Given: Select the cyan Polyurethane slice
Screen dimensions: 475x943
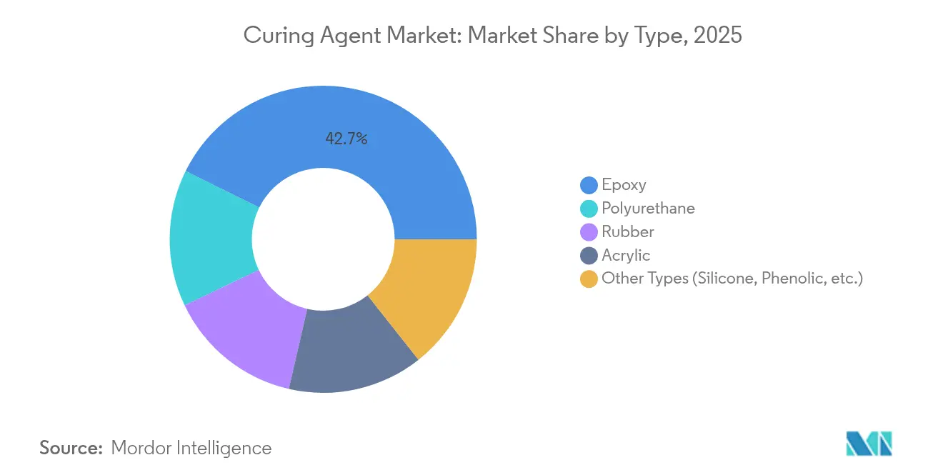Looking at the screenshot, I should coord(211,239).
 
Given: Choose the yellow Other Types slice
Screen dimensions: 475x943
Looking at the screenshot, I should coord(429,293).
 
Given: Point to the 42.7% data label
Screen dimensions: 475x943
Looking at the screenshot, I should coord(346,139).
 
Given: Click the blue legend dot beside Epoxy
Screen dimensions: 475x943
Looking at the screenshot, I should coord(589,186).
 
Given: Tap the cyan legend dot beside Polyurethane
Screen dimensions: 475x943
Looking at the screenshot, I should coord(589,209).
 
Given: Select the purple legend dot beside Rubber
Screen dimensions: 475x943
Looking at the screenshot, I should coord(589,232).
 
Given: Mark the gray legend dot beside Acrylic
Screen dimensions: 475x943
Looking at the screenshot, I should coord(589,256).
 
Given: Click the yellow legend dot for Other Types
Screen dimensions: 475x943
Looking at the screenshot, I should coord(589,279).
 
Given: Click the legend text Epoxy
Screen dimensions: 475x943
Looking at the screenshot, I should coord(624,185).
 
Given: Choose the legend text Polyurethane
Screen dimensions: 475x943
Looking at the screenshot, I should coord(648,209).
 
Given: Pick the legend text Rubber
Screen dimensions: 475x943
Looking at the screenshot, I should coord(628,232).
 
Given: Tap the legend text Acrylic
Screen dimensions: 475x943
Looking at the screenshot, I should coord(626,256).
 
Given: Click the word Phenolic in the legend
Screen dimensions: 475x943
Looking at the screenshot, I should coord(791,279).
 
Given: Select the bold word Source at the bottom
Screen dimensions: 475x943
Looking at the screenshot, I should coord(71,448).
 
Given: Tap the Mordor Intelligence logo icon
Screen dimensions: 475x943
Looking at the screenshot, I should coord(869,443).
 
